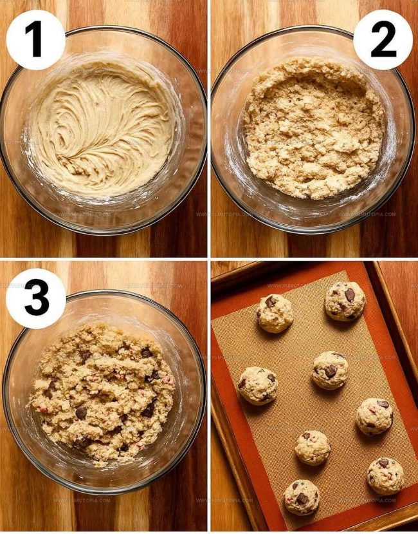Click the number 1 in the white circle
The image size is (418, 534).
35,40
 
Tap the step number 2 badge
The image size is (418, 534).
383,40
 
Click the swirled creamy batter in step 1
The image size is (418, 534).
103,129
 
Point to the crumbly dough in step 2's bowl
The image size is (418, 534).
314,129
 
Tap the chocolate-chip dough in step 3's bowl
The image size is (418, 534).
103,393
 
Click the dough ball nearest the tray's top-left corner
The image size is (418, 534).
275,313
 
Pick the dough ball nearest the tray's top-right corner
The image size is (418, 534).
345,301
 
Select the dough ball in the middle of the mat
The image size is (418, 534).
330,370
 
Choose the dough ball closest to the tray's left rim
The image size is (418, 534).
257,385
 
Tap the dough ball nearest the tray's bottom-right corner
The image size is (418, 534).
385,476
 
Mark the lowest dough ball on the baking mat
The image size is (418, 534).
301,497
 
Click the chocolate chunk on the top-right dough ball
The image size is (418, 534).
349,294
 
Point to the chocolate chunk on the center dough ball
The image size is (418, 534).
330,372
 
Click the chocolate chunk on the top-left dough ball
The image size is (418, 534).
270,301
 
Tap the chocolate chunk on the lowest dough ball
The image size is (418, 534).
302,498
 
